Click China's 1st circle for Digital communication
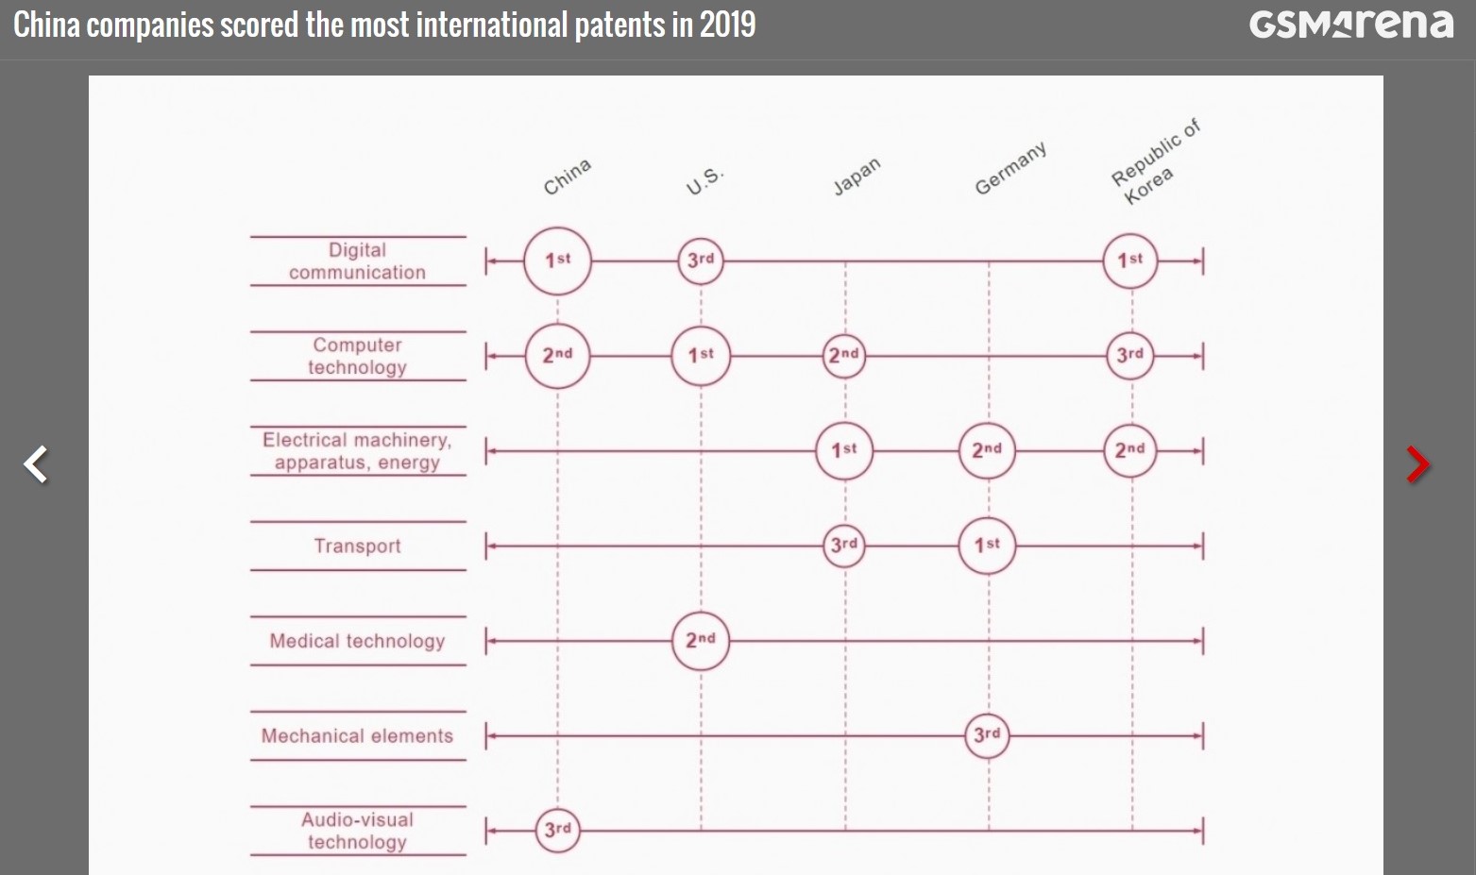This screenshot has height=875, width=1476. (x=557, y=261)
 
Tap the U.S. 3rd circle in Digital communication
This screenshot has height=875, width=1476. (x=700, y=261)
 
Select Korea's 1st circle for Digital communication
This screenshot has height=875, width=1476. (x=1129, y=261)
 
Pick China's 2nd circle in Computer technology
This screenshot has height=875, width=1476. (x=557, y=356)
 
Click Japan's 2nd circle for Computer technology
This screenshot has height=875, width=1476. (x=843, y=356)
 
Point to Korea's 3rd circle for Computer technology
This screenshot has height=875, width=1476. (x=1129, y=356)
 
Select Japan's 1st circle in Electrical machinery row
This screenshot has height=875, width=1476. (x=843, y=450)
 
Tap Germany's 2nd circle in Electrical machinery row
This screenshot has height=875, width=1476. (x=987, y=450)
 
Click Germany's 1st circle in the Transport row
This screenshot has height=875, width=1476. (x=987, y=545)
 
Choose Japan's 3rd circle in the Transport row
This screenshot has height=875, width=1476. (x=843, y=545)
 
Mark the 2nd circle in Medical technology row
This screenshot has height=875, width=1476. (x=700, y=640)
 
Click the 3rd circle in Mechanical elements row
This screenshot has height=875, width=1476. (x=987, y=734)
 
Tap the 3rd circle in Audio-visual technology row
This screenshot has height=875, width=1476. (x=557, y=830)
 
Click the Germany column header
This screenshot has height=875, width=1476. (x=1010, y=168)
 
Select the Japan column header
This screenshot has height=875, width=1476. (x=857, y=176)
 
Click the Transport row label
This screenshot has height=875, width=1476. (x=357, y=546)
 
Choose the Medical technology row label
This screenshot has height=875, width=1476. (x=357, y=641)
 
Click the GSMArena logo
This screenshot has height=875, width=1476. (x=1350, y=24)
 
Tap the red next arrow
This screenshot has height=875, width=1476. (x=1417, y=464)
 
